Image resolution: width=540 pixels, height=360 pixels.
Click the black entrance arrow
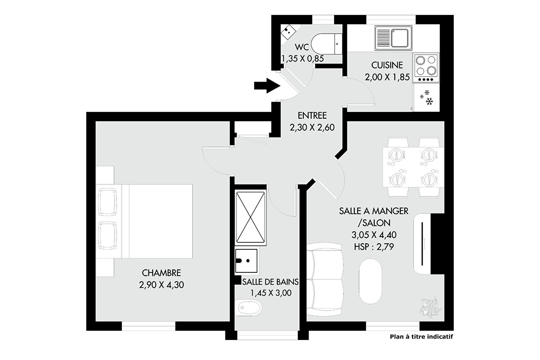tap(267, 86)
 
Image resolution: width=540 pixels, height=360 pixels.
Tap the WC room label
tap(302, 47)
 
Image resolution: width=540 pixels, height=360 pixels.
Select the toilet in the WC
tap(326, 44)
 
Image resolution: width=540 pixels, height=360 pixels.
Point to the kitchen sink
tap(393, 38)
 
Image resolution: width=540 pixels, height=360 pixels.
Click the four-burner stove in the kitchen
tap(426, 68)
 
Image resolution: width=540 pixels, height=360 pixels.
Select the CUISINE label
tap(387, 65)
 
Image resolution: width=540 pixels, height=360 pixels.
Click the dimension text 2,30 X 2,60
tap(312, 127)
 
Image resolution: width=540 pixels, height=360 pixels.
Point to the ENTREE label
tap(312, 115)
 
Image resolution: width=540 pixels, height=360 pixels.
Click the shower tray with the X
tap(250, 217)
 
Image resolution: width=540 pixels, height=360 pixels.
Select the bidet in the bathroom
tap(248, 308)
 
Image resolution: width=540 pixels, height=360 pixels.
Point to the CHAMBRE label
tap(161, 273)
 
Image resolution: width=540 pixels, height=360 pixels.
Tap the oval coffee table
tap(370, 281)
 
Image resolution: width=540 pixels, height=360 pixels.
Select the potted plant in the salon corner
tap(431, 308)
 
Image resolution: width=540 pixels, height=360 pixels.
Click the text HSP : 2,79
tap(374, 247)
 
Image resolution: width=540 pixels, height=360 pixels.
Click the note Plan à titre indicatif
tap(421, 337)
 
